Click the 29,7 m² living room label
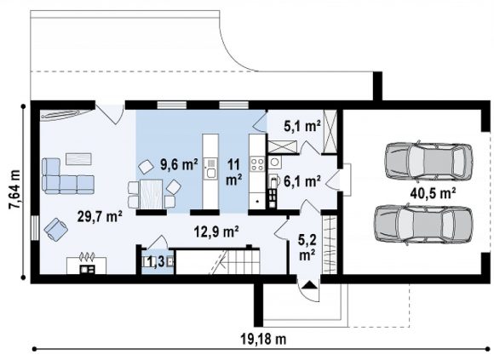pos(100,217)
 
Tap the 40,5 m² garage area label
pos(434,193)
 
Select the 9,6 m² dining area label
pos(179,164)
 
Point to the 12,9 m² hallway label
pos(216,232)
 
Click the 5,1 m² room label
pos(302,127)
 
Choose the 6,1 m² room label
pos(302,182)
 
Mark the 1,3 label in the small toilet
pos(156,262)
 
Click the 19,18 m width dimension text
pos(263,340)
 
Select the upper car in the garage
pos(428,162)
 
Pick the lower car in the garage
pos(423,225)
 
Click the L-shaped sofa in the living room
pos(67,176)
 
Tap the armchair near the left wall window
pos(56,230)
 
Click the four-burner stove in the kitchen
pos(257,164)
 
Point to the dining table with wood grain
pos(152,194)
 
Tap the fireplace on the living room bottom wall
pos(87,265)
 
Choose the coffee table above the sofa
pos(78,158)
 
